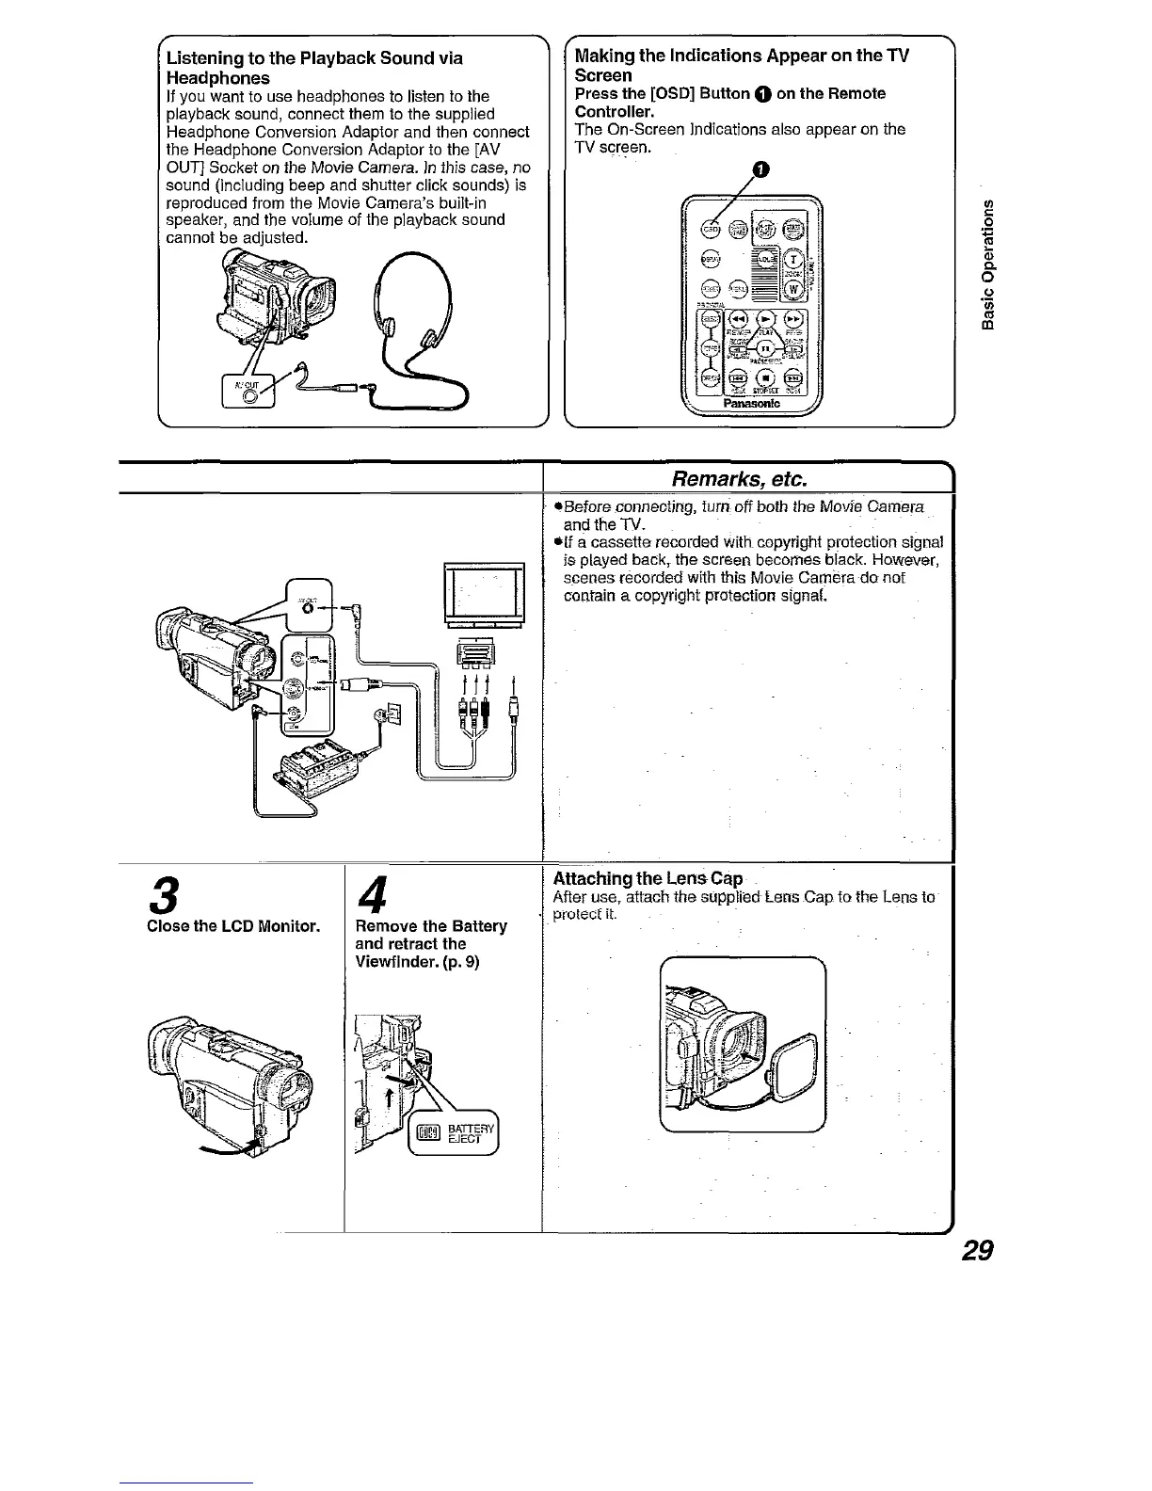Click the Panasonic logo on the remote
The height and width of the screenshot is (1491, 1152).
pyautogui.click(x=754, y=403)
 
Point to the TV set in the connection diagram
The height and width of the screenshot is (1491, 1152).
pyautogui.click(x=484, y=595)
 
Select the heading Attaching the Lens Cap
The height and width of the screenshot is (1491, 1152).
pyautogui.click(x=648, y=878)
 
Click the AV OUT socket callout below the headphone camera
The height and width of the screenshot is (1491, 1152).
pyautogui.click(x=248, y=390)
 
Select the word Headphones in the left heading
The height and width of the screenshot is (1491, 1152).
pyautogui.click(x=217, y=77)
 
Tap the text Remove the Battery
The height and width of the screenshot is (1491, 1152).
pyautogui.click(x=431, y=926)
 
